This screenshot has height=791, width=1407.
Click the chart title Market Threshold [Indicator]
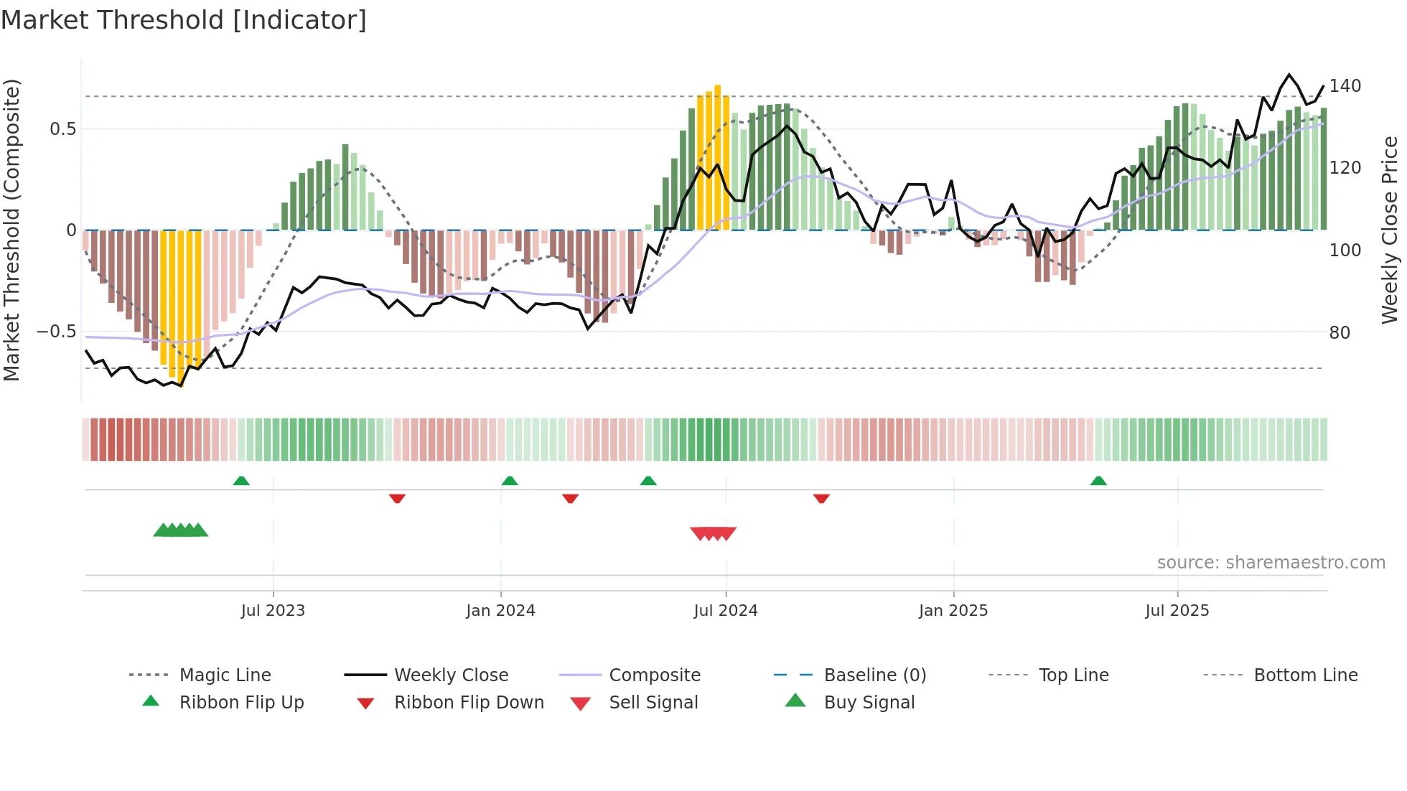coord(184,20)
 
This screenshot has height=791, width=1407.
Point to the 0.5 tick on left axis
coord(62,129)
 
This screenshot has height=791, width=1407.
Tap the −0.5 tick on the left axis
coord(57,332)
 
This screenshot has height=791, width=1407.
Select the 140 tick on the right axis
coord(1345,86)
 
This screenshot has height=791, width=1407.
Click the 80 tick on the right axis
coord(1340,333)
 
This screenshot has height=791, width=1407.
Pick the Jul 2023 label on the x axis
coord(273,611)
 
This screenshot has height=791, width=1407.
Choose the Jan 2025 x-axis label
coord(953,611)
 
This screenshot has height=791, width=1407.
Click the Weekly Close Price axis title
coord(1390,230)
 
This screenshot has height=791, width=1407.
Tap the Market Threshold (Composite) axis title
coord(12,230)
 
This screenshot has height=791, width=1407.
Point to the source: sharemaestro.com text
coord(1271,563)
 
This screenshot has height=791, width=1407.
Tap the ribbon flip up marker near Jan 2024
coord(510,481)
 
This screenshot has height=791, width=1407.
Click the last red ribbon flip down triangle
coord(821,498)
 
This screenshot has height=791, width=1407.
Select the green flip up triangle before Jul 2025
coord(1098,481)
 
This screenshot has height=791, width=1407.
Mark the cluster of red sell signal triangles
coord(713,533)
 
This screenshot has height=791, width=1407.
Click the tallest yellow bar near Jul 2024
coord(717,158)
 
